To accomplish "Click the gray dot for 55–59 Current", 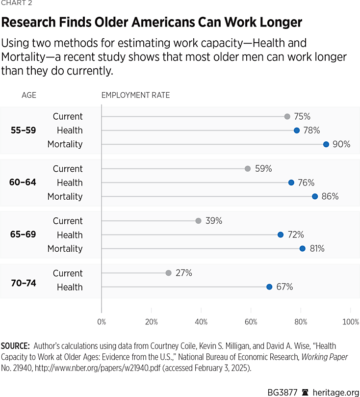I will [x=287, y=116].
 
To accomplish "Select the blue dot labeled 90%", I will [x=326, y=144].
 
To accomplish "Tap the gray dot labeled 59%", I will [x=247, y=169].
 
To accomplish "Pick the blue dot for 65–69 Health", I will [x=281, y=235].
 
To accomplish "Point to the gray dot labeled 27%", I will [x=169, y=273].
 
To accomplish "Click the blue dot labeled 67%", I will [x=269, y=287].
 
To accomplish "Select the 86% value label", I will [x=330, y=196].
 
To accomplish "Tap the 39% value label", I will [x=214, y=221].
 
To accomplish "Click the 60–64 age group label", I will [x=23, y=183].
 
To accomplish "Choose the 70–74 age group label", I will [x=23, y=283].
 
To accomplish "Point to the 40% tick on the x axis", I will [x=201, y=322].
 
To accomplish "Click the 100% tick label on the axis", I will [x=350, y=322].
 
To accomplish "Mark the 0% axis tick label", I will [x=102, y=322].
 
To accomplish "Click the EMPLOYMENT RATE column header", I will [x=135, y=95].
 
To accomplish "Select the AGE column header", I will [x=29, y=95].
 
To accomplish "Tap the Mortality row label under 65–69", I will [x=65, y=249].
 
